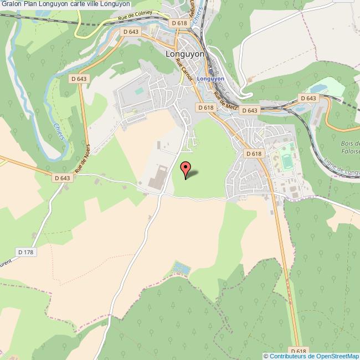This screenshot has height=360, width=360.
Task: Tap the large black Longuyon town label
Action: tap(184, 55)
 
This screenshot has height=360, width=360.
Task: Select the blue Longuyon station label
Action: tap(210, 79)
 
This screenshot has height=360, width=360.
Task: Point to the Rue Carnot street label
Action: tap(183, 71)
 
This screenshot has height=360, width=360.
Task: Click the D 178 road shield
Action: tap(27, 252)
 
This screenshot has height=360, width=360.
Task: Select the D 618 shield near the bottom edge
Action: tap(297, 351)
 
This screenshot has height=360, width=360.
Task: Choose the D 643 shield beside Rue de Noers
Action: tap(63, 178)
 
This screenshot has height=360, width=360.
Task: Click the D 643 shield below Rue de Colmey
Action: tap(131, 32)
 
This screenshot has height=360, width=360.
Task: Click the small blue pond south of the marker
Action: tap(179, 269)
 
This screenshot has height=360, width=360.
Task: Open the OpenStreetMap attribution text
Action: tap(311, 356)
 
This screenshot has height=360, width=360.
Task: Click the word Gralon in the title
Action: tap(11, 3)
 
